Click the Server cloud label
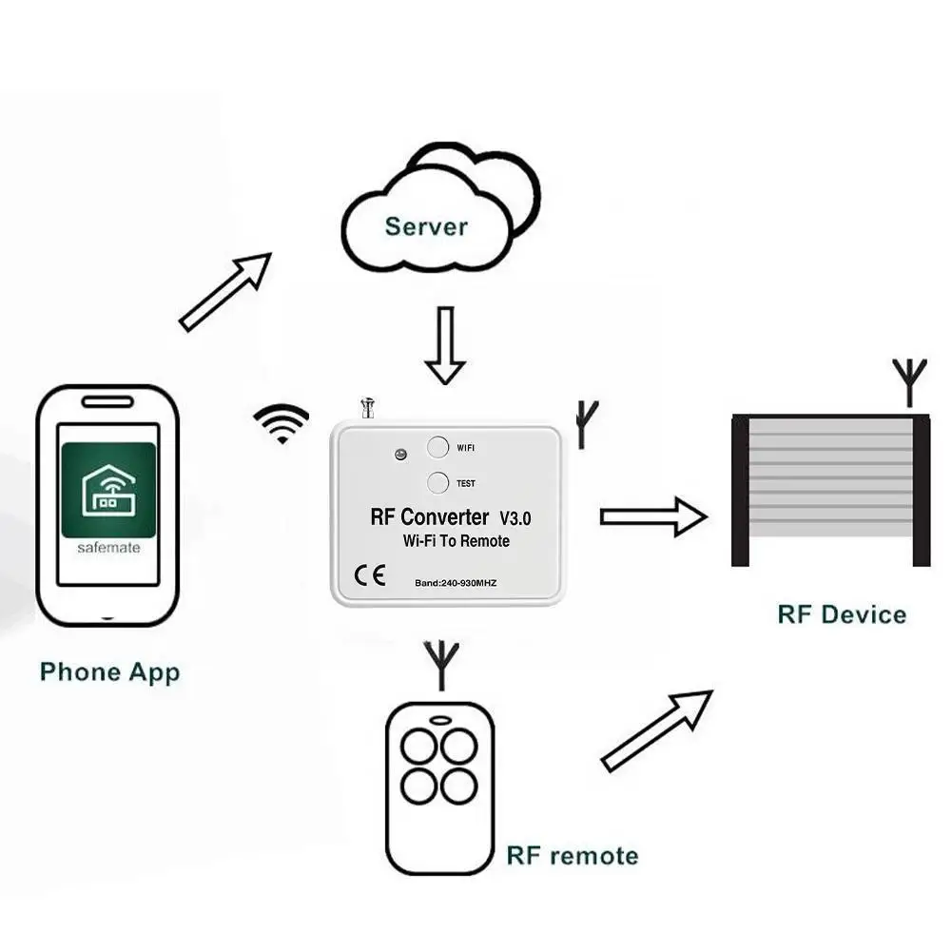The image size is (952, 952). coord(426,227)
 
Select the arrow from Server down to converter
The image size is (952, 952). coord(444,344)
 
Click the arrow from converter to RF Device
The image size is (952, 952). coord(652,516)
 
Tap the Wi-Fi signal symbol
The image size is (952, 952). coord(282,423)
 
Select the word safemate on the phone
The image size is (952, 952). coord(107,549)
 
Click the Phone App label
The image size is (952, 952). coord(109,672)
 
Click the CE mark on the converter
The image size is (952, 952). coord(369,575)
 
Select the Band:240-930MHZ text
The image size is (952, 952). coord(456,582)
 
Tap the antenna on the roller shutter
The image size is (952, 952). coord(909,380)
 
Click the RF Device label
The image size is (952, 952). coord(842,614)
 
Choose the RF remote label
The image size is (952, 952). coord(572,855)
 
